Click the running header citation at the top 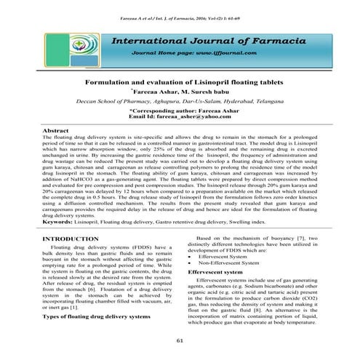[x=180, y=15]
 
